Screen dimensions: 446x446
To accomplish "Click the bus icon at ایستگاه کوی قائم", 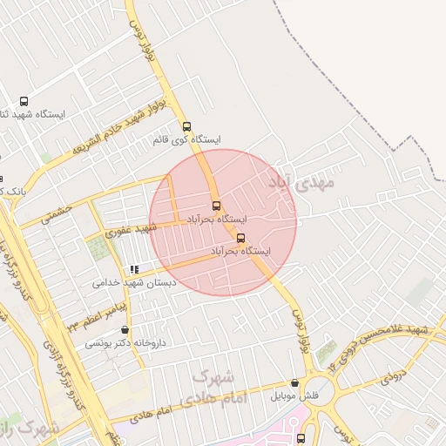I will click(x=186, y=125).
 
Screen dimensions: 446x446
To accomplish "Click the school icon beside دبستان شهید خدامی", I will click(x=133, y=270).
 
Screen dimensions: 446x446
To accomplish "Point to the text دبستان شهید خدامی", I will click(x=134, y=283).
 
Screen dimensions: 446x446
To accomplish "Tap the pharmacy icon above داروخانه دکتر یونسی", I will click(x=127, y=330).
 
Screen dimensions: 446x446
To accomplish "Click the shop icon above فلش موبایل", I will click(x=294, y=383).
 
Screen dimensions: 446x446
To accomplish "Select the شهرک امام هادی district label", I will click(x=213, y=389).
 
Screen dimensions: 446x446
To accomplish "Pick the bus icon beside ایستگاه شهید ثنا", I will click(x=23, y=101).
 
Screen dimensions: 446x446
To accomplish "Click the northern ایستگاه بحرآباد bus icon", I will click(x=216, y=206).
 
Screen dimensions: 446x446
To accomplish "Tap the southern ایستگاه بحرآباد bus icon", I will click(x=240, y=238).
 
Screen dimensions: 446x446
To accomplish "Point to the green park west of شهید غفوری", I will click(x=100, y=248).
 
